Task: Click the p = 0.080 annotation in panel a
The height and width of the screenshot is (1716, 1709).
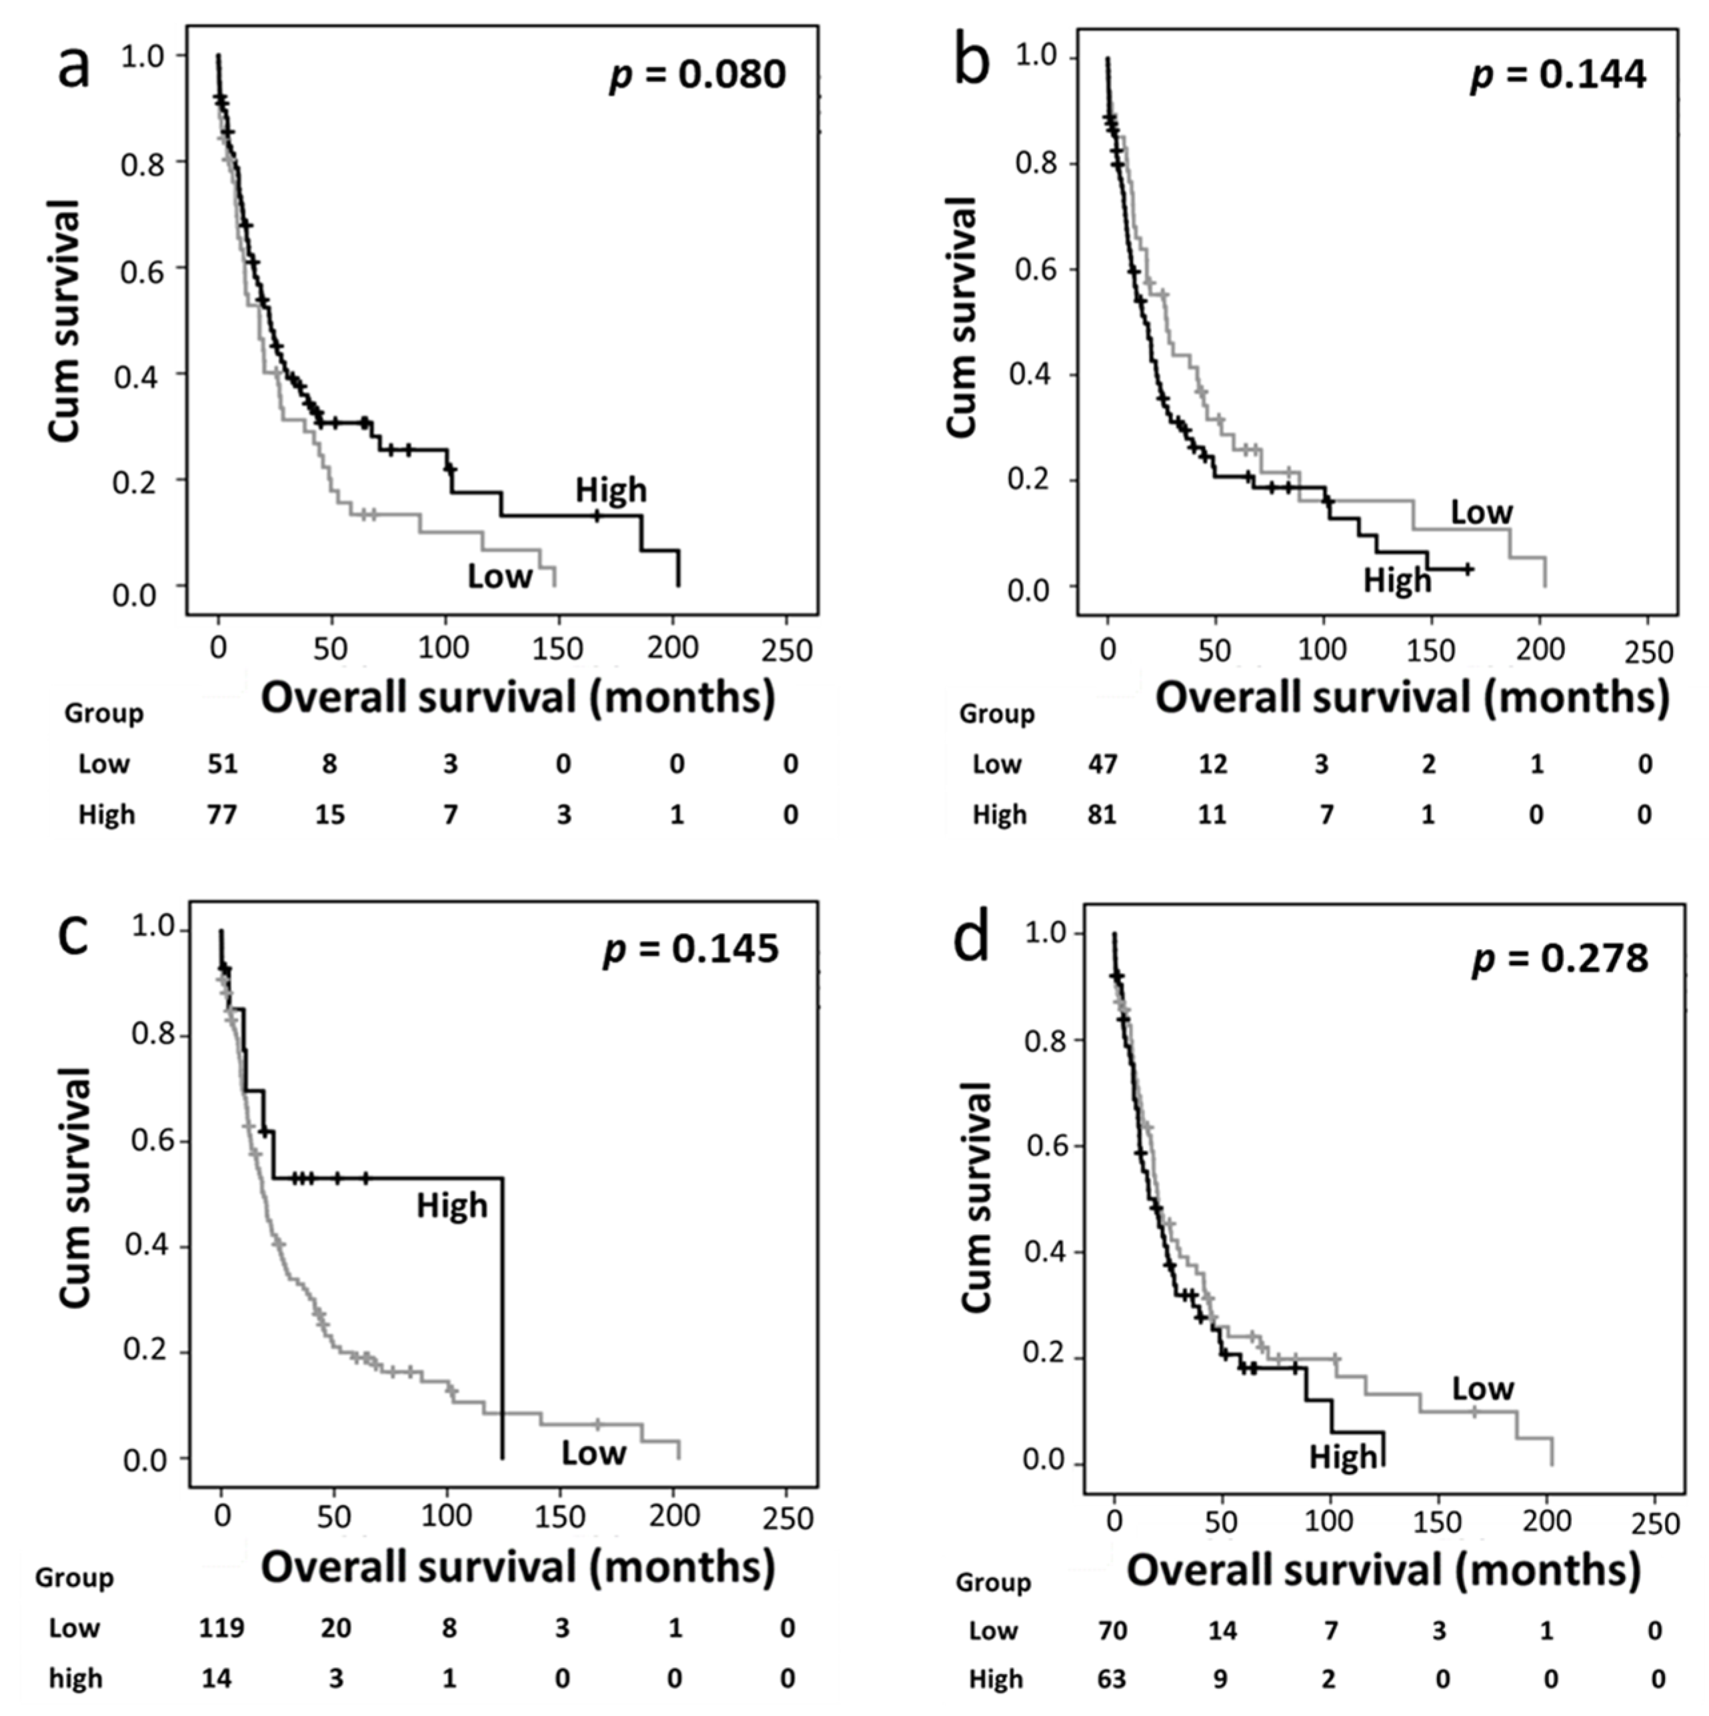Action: (x=697, y=75)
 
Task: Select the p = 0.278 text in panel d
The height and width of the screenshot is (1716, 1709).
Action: (x=1560, y=958)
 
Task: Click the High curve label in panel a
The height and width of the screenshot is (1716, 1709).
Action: (x=611, y=490)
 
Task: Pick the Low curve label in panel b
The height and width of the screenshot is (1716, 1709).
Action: (x=1481, y=512)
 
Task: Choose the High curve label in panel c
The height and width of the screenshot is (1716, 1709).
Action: (x=452, y=1206)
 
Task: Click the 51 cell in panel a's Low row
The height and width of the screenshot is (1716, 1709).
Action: (x=222, y=764)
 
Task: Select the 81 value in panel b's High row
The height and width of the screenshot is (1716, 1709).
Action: (x=1101, y=814)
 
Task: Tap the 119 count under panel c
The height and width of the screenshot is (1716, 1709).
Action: (x=221, y=1628)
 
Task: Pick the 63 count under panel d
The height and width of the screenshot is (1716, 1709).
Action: (x=1111, y=1679)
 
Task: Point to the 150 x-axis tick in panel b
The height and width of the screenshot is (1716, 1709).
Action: (x=1431, y=650)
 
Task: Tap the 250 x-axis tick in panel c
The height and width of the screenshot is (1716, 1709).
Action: (x=787, y=1518)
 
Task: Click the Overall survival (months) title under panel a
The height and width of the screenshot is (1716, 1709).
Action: (x=518, y=698)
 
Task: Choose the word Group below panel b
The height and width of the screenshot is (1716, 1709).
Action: (x=996, y=714)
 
